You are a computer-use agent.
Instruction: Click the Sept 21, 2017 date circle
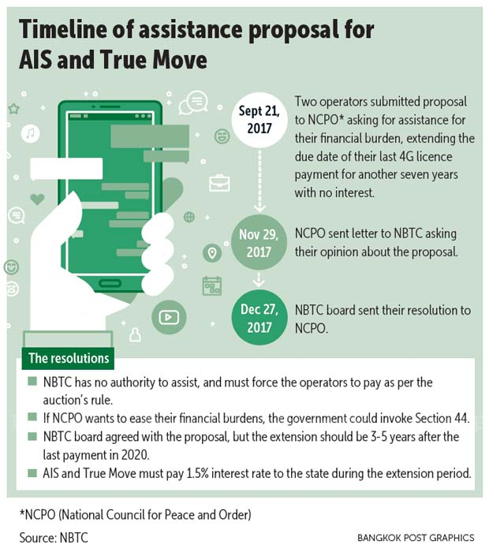[x=259, y=120]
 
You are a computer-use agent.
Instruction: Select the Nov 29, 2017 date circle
[x=259, y=243]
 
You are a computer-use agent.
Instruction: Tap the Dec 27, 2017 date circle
[x=259, y=318]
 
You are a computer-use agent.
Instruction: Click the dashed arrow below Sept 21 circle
[x=259, y=181]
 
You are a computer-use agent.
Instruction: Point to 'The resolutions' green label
[x=69, y=358]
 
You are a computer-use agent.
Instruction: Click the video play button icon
[x=169, y=318]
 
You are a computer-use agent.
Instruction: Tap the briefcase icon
[x=219, y=183]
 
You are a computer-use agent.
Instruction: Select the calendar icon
[x=212, y=285]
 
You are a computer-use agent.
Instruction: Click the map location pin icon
[x=212, y=253]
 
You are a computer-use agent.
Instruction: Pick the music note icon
[x=30, y=133]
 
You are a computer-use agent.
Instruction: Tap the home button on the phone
[x=110, y=283]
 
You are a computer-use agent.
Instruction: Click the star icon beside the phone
[x=13, y=109]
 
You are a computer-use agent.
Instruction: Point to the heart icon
[x=37, y=200]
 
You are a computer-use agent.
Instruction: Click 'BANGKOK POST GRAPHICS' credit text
[x=416, y=538]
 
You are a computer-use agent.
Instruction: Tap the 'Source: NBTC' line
[x=54, y=538]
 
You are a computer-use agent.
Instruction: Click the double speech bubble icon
[x=193, y=103]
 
